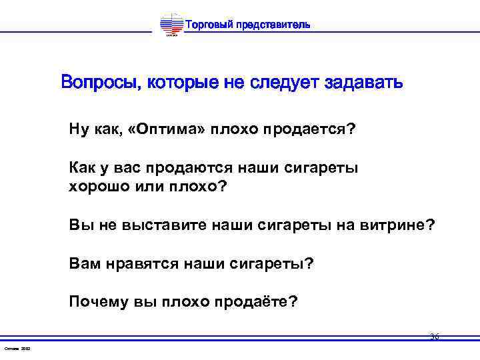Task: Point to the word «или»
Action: pos(149,186)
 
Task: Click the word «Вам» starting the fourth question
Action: pos(83,263)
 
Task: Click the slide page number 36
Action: pos(434,337)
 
